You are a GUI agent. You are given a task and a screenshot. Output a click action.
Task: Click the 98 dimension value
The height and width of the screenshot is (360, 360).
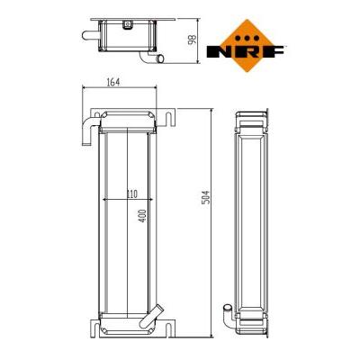(x=192, y=40)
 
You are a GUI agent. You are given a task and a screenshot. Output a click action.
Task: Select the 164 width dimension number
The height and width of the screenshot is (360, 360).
(x=113, y=82)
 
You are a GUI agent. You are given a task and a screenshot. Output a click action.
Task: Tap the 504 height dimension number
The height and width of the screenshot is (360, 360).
(x=206, y=197)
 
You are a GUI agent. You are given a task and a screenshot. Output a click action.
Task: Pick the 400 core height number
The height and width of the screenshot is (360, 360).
(x=143, y=216)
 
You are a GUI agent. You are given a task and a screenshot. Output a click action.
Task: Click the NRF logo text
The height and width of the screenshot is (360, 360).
(x=246, y=51)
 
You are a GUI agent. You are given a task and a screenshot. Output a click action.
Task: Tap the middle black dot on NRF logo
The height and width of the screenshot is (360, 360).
(x=247, y=38)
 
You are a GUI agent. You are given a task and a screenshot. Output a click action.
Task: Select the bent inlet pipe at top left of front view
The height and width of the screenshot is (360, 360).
(x=87, y=130)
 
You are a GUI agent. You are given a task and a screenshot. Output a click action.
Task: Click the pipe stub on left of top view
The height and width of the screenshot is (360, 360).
(x=90, y=35)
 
